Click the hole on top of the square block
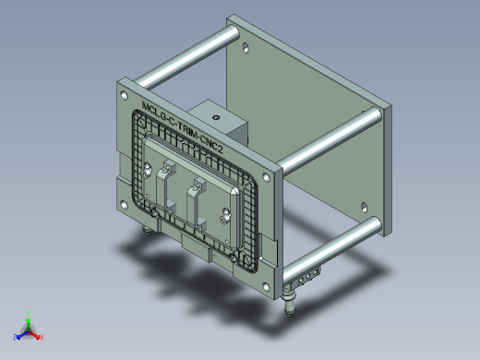point(216,117)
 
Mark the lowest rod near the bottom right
point(332,242)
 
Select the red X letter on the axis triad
point(42,337)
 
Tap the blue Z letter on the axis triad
point(17,336)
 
